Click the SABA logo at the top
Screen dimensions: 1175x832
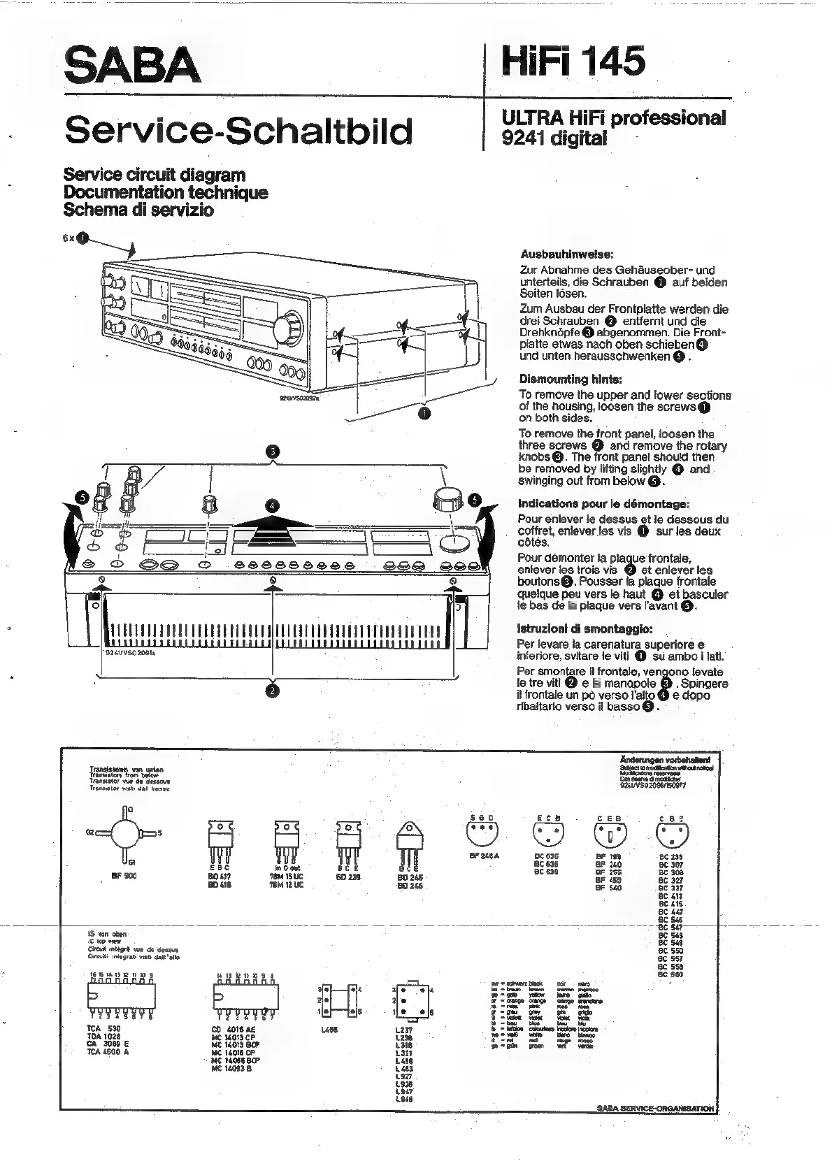(x=132, y=65)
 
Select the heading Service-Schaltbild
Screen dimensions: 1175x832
(x=238, y=131)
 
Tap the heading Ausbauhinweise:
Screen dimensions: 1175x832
(x=566, y=254)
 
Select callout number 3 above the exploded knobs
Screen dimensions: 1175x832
(x=273, y=452)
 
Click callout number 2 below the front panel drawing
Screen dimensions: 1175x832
(x=272, y=691)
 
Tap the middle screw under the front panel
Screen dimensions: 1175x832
(x=273, y=579)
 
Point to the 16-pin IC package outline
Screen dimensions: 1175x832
(x=121, y=996)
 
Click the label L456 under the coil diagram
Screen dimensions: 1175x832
(x=329, y=1030)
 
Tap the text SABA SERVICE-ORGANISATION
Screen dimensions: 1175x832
(x=656, y=1108)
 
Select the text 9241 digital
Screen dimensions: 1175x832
(x=554, y=138)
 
